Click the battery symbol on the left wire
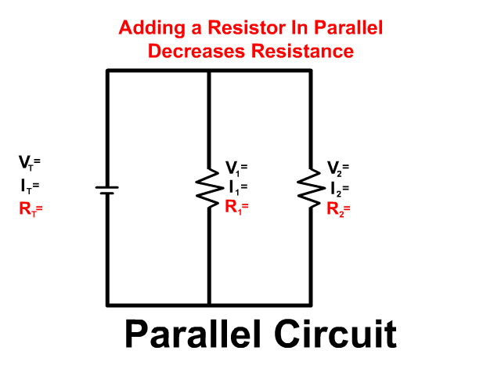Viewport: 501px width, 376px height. pyautogui.click(x=107, y=189)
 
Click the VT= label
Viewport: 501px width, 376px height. pyautogui.click(x=30, y=164)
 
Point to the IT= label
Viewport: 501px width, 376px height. pyautogui.click(x=30, y=186)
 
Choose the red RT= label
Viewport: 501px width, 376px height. pyautogui.click(x=31, y=209)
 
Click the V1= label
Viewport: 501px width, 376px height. pyautogui.click(x=236, y=168)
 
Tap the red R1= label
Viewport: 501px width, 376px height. pyautogui.click(x=236, y=208)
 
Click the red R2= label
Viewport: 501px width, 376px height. pyautogui.click(x=338, y=209)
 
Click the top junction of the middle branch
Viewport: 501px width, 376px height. pyautogui.click(x=209, y=70)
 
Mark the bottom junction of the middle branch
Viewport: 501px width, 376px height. pyautogui.click(x=209, y=304)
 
